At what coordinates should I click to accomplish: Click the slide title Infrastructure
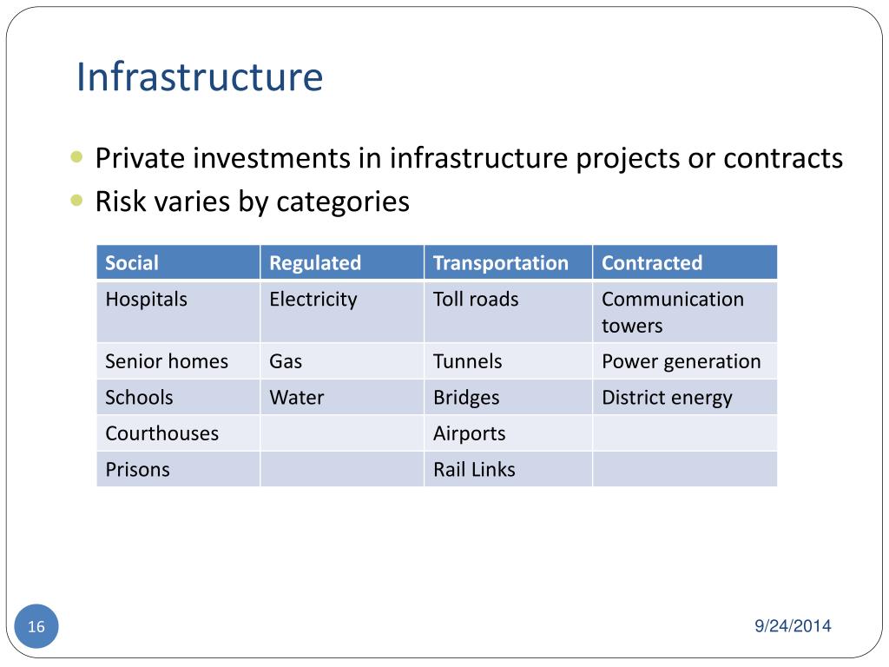(199, 76)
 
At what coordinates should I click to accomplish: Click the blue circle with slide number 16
(36, 626)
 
